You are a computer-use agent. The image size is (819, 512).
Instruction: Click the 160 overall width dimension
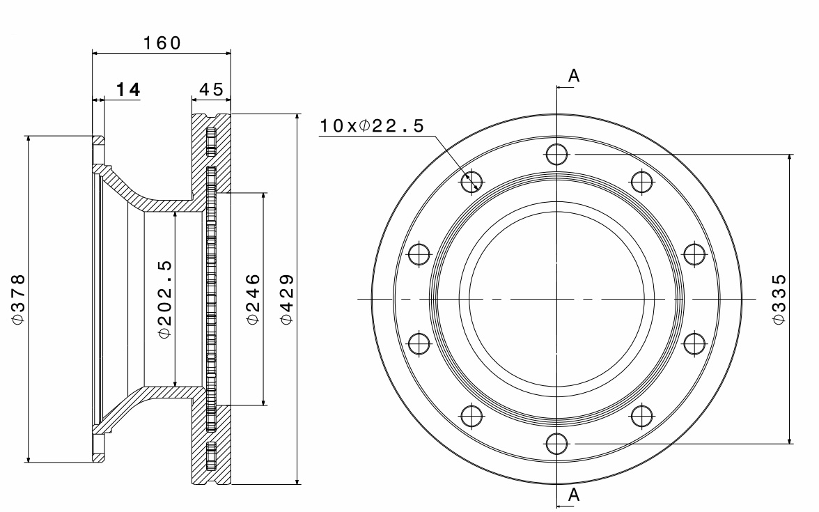(162, 42)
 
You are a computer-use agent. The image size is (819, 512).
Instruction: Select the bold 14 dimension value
(128, 90)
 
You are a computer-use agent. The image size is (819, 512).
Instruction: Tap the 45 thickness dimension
(211, 90)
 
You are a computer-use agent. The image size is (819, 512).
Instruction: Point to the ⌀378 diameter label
(19, 299)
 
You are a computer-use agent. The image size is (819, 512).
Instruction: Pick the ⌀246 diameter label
(253, 299)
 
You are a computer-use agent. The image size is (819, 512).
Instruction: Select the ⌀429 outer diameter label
(286, 299)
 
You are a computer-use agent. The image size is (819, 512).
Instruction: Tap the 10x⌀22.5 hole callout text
(372, 126)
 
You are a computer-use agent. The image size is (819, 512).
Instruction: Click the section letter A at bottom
(573, 495)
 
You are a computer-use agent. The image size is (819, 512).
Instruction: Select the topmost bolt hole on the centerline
(556, 154)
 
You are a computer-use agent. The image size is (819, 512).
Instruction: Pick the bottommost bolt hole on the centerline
(556, 444)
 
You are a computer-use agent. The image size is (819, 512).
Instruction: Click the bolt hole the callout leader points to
(471, 181)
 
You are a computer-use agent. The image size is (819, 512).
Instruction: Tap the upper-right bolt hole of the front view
(641, 181)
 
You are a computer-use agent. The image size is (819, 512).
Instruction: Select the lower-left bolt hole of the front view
(471, 416)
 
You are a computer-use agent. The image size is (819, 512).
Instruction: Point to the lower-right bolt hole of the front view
(641, 416)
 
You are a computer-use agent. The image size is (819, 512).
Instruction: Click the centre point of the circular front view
(556, 299)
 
